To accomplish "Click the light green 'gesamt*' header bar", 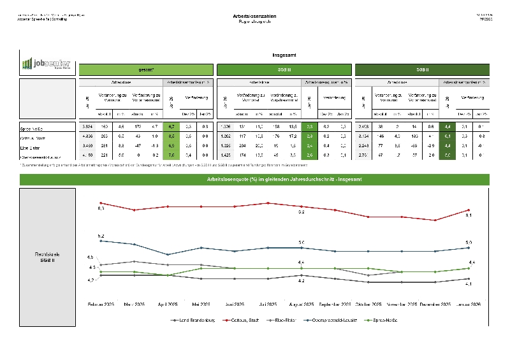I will tap(147, 69).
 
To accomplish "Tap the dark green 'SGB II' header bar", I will tap(422, 69).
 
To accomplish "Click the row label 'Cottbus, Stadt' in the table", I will tap(36, 137).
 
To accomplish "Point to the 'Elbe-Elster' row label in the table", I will tap(33, 145).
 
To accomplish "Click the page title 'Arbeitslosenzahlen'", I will tap(254, 15).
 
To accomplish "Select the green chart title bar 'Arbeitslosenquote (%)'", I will tap(254, 180).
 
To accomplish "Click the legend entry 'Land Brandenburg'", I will tap(194, 319).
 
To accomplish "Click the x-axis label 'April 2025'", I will tap(168, 305).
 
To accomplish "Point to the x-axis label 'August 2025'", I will tap(301, 305).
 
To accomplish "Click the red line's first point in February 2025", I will tap(101, 203).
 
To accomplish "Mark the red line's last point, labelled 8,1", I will tap(469, 210).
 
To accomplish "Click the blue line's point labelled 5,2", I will tap(101, 241).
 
